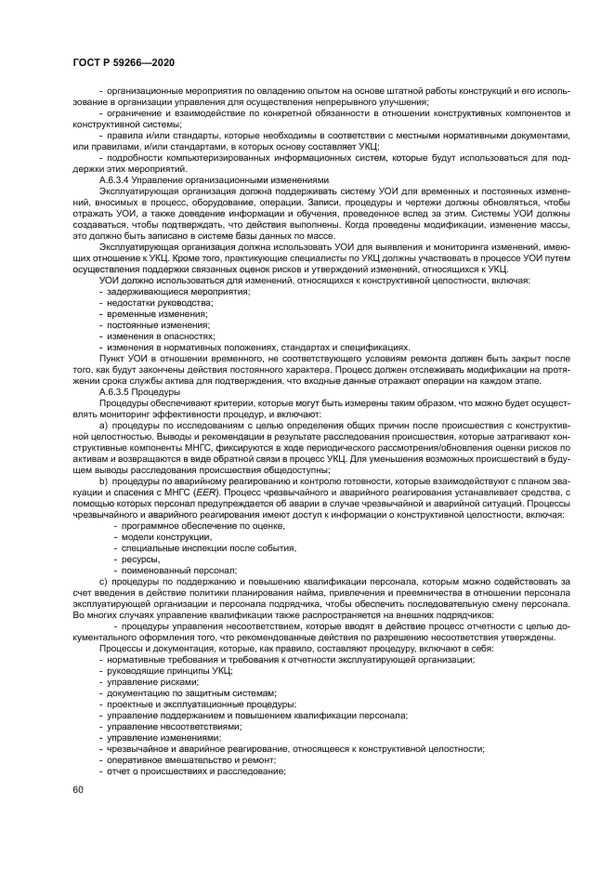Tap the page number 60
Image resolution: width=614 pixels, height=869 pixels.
coord(77,790)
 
